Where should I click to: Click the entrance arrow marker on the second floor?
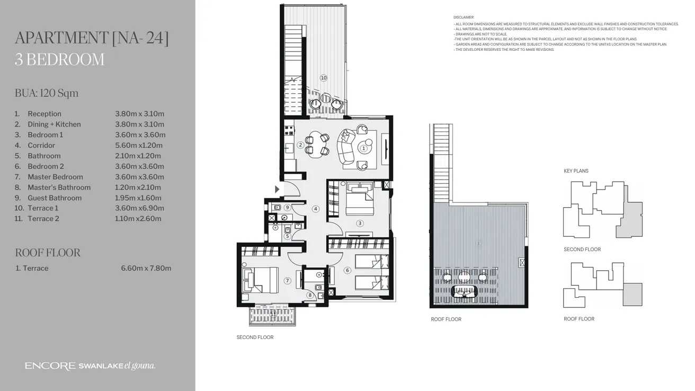coord(277,189)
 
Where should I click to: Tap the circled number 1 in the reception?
coord(363,149)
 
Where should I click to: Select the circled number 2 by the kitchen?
coord(300,145)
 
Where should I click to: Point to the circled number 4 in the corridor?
coord(316,209)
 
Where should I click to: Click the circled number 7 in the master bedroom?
coord(287,281)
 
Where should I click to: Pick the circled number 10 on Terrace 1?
coord(324,78)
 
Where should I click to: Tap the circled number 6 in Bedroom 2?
coord(348,270)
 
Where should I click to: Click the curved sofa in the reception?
coord(346,146)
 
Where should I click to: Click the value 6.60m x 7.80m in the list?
coord(146,268)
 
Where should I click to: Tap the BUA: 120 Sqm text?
coord(47,93)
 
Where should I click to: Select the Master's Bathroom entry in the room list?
coord(59,187)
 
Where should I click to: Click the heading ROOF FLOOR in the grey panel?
coord(48,253)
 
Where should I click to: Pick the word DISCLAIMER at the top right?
coord(464,17)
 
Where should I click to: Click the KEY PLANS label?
coord(576,171)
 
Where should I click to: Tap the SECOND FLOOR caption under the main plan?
coord(255,337)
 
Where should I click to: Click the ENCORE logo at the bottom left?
coord(50,366)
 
